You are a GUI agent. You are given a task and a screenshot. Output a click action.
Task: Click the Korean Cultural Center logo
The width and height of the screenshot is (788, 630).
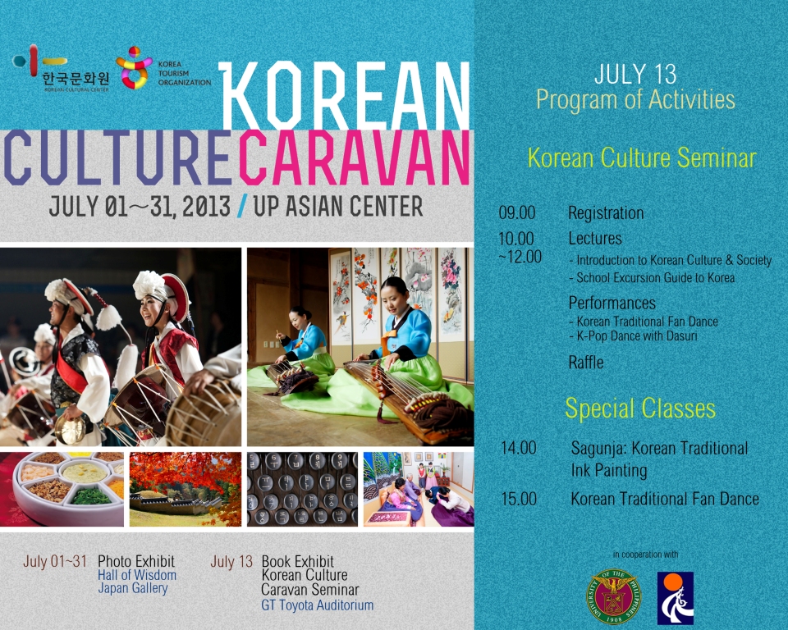[x=61, y=68]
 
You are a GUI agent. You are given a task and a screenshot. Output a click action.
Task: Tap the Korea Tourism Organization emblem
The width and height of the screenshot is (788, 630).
[x=134, y=68]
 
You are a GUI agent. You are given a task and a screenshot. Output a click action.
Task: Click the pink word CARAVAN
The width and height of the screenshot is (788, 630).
[x=355, y=157]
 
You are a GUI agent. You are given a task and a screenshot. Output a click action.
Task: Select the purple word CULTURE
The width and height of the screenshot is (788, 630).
[x=118, y=157]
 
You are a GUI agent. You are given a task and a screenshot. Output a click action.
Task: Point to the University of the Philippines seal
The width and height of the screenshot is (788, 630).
[x=613, y=597]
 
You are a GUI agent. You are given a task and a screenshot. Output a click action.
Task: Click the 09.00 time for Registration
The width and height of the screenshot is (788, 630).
[x=516, y=213]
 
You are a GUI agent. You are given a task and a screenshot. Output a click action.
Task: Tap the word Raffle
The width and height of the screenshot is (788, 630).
[x=586, y=363]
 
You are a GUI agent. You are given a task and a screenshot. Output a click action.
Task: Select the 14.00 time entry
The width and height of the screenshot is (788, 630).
[x=519, y=448]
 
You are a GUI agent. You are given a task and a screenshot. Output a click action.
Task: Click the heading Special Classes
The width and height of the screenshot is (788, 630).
[x=640, y=409]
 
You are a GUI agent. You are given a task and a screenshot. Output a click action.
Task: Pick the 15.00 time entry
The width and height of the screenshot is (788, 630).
[x=519, y=499]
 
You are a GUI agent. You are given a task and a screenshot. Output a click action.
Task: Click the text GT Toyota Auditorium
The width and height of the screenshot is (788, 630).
[x=317, y=605]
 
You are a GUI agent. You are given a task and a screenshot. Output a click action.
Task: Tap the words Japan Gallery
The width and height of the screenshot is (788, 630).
[x=133, y=588]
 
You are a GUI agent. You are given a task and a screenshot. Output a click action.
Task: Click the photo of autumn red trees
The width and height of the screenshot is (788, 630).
[x=186, y=490]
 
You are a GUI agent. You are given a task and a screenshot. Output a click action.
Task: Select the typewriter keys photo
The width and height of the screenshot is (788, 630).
[x=303, y=490]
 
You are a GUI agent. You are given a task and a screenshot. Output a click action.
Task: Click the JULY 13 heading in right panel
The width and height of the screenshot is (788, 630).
[x=635, y=75]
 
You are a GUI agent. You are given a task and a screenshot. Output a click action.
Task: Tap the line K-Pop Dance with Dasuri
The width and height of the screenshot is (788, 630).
[x=633, y=336]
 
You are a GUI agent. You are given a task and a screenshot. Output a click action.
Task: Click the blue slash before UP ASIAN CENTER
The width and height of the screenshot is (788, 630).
[x=241, y=206]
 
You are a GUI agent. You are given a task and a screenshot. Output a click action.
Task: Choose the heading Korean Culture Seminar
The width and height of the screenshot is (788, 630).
[x=642, y=157]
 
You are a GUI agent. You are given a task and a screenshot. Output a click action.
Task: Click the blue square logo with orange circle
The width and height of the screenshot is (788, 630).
[x=676, y=598]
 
